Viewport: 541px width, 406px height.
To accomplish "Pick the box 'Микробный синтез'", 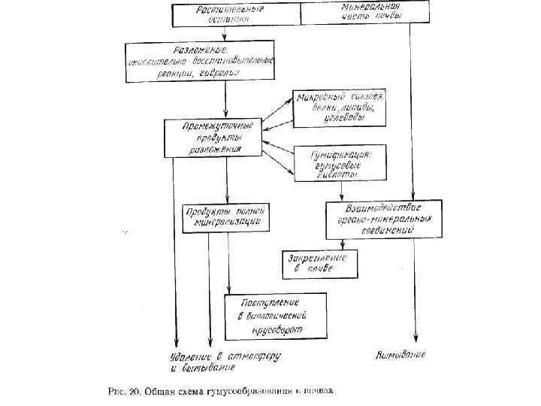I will [x=340, y=108].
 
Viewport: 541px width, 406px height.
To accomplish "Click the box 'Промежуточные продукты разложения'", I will [x=213, y=138].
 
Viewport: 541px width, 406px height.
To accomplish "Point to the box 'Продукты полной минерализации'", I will [x=225, y=217].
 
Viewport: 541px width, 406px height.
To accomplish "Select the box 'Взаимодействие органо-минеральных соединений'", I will [x=383, y=218].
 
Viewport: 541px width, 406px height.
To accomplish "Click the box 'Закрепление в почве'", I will [x=319, y=263].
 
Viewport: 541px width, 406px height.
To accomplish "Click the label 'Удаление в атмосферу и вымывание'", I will [x=203, y=362].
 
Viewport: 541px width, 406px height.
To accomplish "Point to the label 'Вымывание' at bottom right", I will [x=401, y=354].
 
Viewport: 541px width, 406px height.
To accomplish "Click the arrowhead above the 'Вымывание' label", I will [x=416, y=340].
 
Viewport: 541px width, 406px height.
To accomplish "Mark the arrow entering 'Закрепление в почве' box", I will [x=343, y=245].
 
